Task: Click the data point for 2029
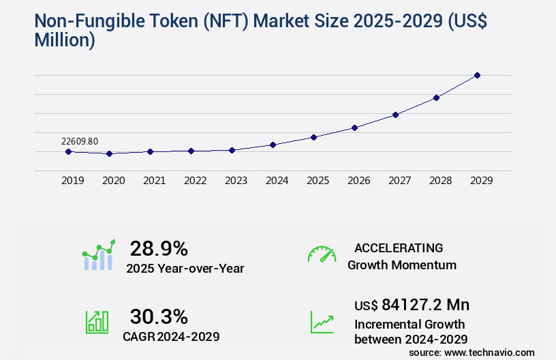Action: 477,75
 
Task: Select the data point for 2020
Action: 109,154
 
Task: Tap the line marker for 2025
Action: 313,137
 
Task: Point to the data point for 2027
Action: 395,115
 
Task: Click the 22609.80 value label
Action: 80,141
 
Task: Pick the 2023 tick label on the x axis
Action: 236,181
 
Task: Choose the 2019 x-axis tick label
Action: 72,181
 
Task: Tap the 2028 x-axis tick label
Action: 440,181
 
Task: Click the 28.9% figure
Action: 159,248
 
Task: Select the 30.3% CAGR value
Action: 159,316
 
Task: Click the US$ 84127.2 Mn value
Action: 412,304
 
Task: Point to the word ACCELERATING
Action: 399,247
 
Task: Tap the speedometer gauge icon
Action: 322,254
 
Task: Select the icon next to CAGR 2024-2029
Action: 97,322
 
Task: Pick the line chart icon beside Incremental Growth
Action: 322,322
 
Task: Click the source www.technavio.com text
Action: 472,352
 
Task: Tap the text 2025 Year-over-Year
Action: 185,269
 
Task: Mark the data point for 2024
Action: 273,145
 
